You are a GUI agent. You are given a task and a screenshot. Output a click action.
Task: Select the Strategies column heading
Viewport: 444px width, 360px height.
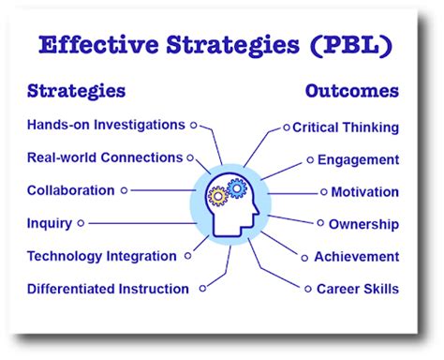77,91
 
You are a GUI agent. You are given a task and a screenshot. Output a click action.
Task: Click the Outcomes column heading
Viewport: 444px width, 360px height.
352,91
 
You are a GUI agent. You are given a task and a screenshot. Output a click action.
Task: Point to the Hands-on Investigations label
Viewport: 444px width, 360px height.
106,125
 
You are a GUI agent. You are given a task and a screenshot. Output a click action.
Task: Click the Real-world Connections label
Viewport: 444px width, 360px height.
104,157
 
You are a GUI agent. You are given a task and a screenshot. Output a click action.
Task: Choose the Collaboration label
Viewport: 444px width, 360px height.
71,190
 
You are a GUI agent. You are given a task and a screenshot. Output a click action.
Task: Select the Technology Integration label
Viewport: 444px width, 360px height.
101,256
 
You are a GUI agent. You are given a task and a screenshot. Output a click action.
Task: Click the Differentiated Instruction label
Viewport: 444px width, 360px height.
108,289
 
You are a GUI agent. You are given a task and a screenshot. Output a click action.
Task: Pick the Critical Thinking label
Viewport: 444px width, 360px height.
346,127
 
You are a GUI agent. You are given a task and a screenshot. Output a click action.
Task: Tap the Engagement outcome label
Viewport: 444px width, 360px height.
358,159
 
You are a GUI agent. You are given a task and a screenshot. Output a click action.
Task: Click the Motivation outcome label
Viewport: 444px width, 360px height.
365,192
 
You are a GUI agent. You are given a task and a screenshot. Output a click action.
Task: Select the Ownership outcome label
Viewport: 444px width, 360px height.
363,224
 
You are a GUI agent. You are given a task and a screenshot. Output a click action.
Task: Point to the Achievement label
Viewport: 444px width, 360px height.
356,256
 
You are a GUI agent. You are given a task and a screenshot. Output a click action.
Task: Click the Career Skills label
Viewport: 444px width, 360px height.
357,289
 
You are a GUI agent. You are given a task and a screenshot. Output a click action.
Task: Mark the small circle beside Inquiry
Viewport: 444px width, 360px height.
81,223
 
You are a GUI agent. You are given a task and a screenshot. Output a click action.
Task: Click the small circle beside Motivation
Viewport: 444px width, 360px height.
324,192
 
